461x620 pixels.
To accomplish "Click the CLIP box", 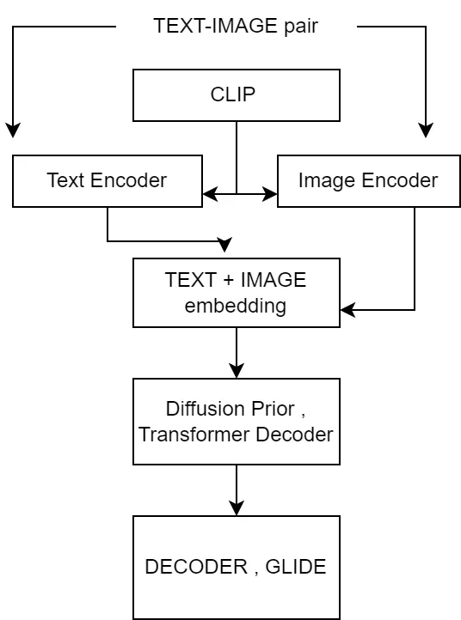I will pyautogui.click(x=236, y=94).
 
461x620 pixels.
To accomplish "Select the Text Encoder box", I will pyautogui.click(x=107, y=180).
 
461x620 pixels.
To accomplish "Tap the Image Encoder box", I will pyautogui.click(x=368, y=180).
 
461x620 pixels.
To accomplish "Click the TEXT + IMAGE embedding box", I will pyautogui.click(x=236, y=292).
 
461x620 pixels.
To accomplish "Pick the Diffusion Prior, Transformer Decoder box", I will pyautogui.click(x=236, y=421).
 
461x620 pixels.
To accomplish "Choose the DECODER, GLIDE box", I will pyautogui.click(x=236, y=567).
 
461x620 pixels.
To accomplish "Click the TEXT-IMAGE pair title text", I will pyautogui.click(x=236, y=26).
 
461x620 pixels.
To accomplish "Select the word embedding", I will pyautogui.click(x=236, y=306).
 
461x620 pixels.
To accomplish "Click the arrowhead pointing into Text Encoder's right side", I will pyautogui.click(x=209, y=194).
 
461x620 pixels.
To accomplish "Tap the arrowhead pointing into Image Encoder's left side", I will pyautogui.click(x=271, y=194).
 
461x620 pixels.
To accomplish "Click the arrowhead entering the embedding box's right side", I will pyautogui.click(x=347, y=310).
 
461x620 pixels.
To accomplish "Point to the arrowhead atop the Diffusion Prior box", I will pyautogui.click(x=237, y=372).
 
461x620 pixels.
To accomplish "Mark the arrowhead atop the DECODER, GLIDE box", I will pyautogui.click(x=237, y=509).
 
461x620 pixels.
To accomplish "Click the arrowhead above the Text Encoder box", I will pyautogui.click(x=13, y=131).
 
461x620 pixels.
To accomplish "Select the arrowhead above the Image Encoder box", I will pyautogui.click(x=426, y=131).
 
